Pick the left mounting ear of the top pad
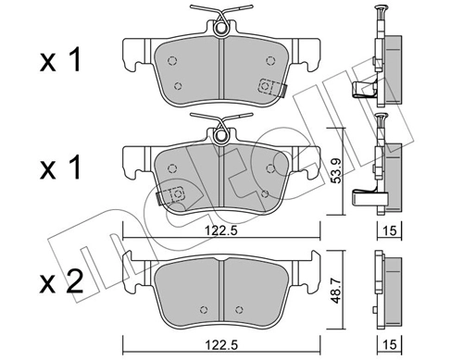pos(135,54)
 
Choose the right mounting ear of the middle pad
pos(308,162)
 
